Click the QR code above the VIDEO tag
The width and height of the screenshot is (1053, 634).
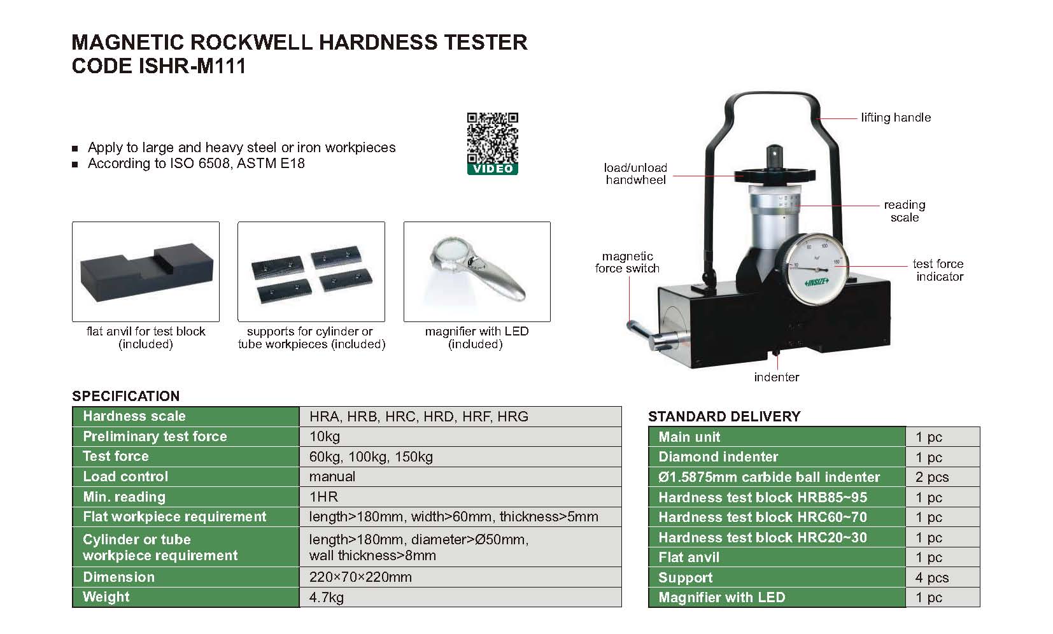click(x=492, y=137)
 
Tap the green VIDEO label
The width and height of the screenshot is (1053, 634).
click(x=492, y=169)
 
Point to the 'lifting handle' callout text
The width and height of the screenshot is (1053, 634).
click(x=896, y=118)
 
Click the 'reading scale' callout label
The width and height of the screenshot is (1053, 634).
click(x=905, y=211)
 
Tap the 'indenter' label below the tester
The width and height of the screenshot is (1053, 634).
click(x=777, y=377)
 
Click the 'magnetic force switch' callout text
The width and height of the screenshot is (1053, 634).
click(x=627, y=262)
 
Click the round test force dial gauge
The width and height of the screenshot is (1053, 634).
click(x=816, y=268)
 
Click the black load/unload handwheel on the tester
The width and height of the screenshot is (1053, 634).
click(x=774, y=176)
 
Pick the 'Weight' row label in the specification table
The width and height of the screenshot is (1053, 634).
click(x=106, y=597)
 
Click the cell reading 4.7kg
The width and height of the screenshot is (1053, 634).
click(x=326, y=597)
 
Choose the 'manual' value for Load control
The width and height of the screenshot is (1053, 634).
click(x=332, y=477)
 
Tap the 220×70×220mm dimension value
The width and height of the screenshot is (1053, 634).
click(x=360, y=577)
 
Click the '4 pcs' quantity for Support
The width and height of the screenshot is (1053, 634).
click(x=931, y=577)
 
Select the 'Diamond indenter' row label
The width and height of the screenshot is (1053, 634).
click(x=718, y=457)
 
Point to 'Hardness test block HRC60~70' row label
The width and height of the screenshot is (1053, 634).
click(x=763, y=517)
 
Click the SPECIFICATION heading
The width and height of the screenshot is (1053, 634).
click(x=125, y=396)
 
